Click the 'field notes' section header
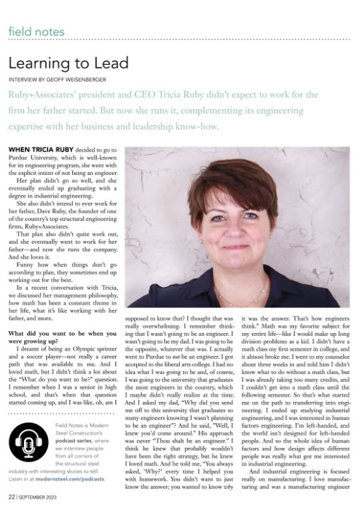(37, 31)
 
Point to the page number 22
(12, 497)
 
